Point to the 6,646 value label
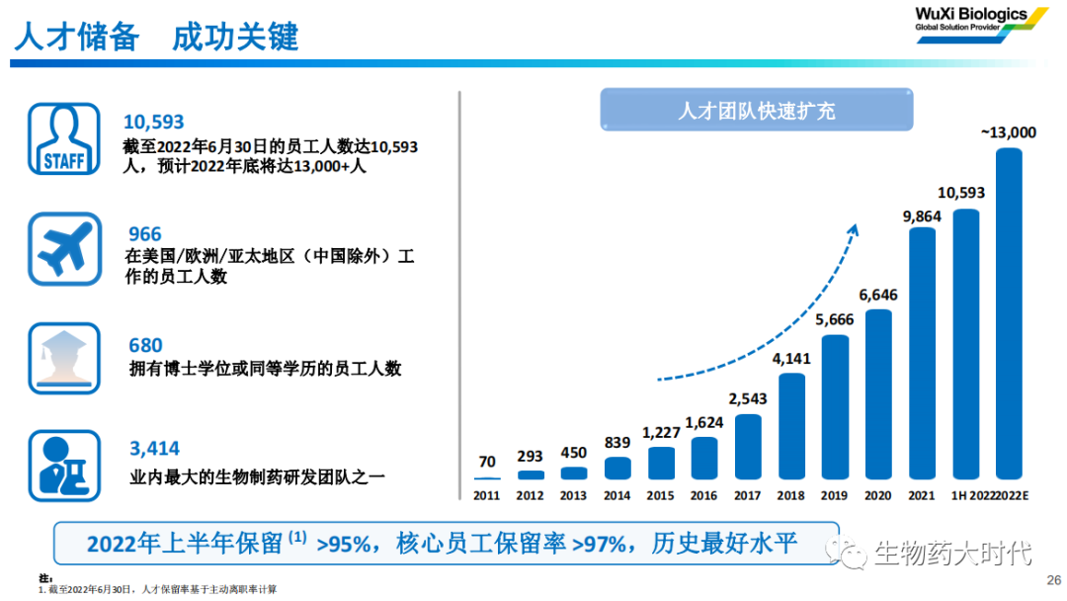(x=878, y=295)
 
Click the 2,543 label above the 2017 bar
(x=748, y=399)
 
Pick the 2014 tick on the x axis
(x=616, y=494)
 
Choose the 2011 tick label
(x=486, y=494)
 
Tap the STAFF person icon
(x=63, y=138)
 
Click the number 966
(x=144, y=234)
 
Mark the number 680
(x=145, y=346)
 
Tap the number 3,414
(x=155, y=451)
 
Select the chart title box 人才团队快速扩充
(x=757, y=110)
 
